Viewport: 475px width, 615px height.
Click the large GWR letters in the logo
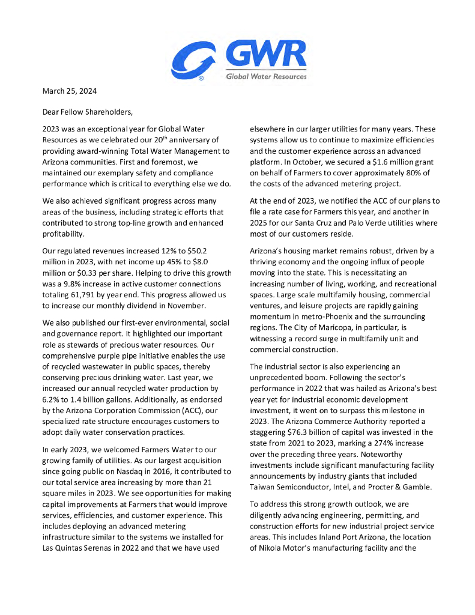coord(265,57)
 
